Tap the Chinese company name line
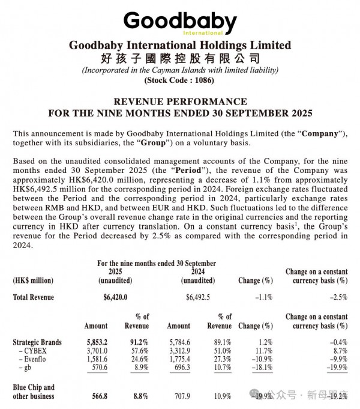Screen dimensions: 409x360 click(x=179, y=58)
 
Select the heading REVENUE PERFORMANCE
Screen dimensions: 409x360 click(x=179, y=101)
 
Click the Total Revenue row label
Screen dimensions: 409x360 click(x=33, y=297)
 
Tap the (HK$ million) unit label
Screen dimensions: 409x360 click(x=33, y=280)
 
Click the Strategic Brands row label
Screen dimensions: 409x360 click(x=37, y=341)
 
